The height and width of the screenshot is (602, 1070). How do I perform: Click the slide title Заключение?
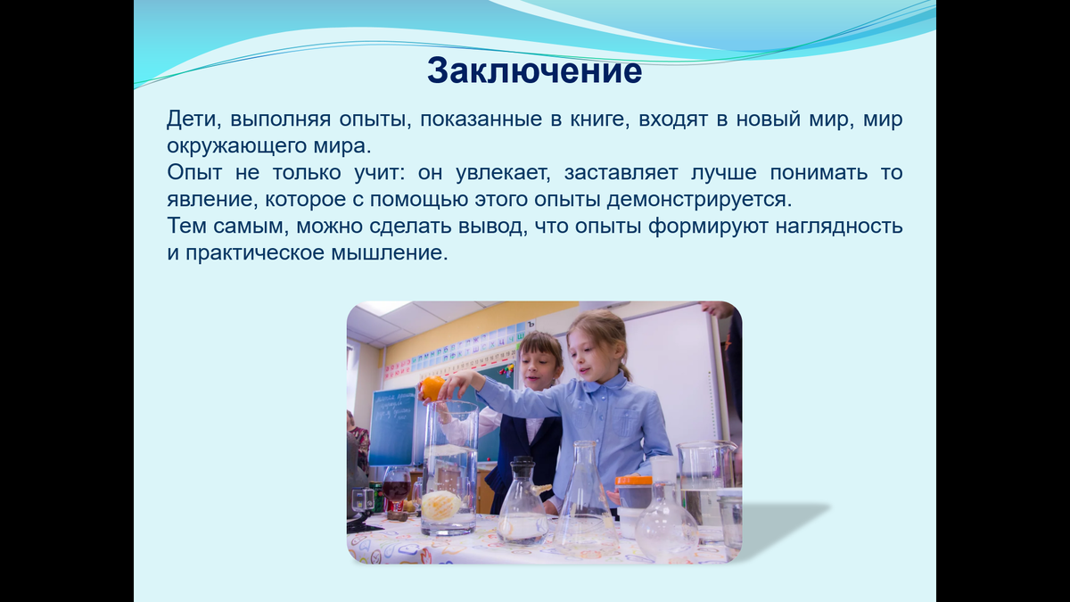pyautogui.click(x=534, y=70)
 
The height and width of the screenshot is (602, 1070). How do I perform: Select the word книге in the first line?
pyautogui.click(x=590, y=120)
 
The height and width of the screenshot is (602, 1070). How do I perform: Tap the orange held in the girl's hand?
pyautogui.click(x=432, y=387)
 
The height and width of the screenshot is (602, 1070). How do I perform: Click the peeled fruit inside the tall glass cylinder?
pyautogui.click(x=441, y=505)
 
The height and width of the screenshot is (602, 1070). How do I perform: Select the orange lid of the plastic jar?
pyautogui.click(x=634, y=481)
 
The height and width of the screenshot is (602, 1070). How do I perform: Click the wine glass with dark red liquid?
pyautogui.click(x=396, y=489)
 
